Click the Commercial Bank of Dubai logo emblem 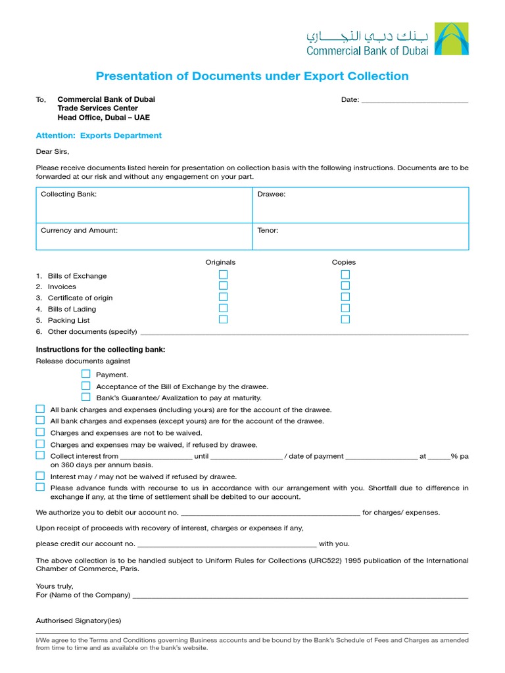(x=452, y=39)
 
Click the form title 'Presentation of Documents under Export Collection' (x=252, y=76)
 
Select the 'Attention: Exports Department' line (x=99, y=135)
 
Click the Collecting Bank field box (x=144, y=205)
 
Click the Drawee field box (x=360, y=205)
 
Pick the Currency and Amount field (x=144, y=237)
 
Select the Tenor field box (x=360, y=237)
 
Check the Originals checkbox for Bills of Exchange (x=224, y=275)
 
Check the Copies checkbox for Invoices (x=345, y=286)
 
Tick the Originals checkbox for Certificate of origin (x=224, y=297)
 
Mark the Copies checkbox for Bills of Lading (x=345, y=308)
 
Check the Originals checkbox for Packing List (x=224, y=319)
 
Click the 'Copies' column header (x=343, y=262)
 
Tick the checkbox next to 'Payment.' (x=86, y=374)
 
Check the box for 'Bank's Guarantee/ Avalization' (x=86, y=397)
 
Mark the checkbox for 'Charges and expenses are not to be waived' (x=40, y=432)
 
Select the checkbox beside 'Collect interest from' (x=40, y=455)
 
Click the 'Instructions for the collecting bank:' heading (x=100, y=350)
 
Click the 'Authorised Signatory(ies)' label (x=78, y=620)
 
